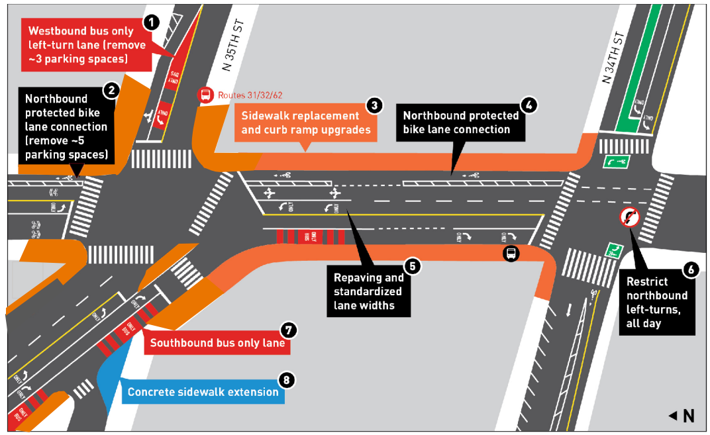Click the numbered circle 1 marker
click(x=152, y=23)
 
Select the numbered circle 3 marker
click(x=374, y=105)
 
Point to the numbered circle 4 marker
click(x=528, y=105)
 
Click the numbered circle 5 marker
click(x=413, y=266)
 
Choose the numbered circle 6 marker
click(x=691, y=269)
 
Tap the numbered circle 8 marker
click(x=286, y=379)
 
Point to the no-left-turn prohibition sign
click(x=630, y=217)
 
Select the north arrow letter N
click(x=688, y=416)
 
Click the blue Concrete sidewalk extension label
click(x=203, y=392)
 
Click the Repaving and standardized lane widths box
click(x=368, y=292)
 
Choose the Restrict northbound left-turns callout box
click(x=657, y=301)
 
